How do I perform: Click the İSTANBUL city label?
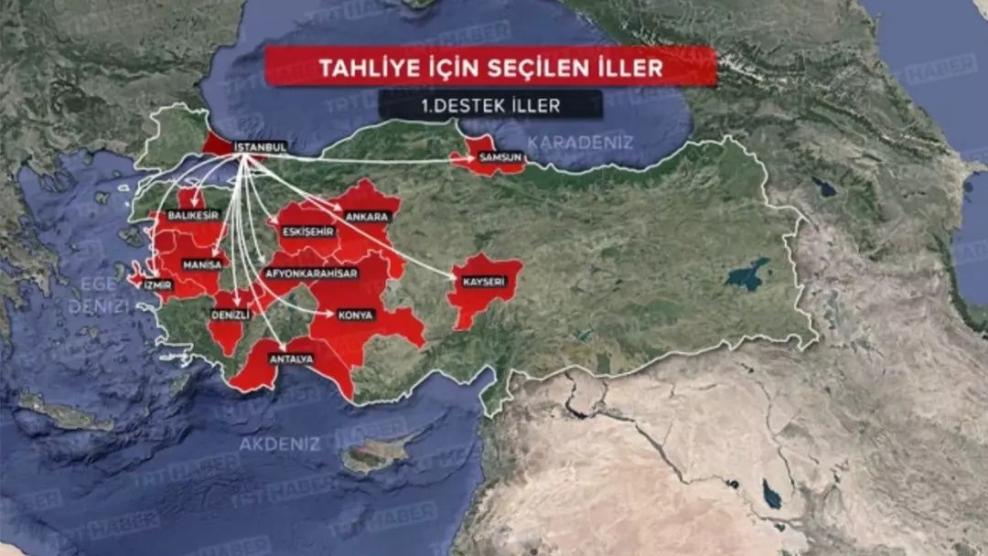[x=261, y=146]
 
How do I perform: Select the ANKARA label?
[x=368, y=217]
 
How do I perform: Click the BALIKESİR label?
[x=195, y=215]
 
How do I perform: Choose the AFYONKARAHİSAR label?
[x=311, y=273]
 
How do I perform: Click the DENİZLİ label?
[x=231, y=314]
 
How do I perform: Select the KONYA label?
[x=356, y=315]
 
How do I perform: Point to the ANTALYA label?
[x=291, y=358]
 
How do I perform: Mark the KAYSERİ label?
[x=484, y=282]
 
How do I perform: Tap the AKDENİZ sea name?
[x=280, y=444]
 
